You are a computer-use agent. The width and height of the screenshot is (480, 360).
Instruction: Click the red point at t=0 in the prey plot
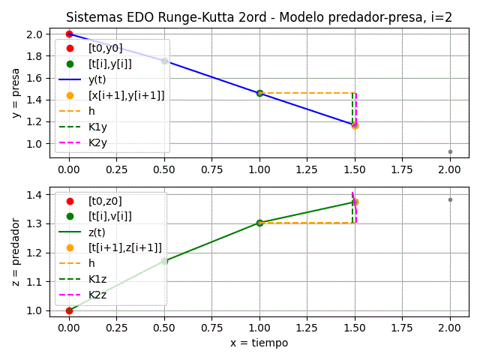[x=69, y=34]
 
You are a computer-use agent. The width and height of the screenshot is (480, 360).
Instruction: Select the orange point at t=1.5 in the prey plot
[x=355, y=125]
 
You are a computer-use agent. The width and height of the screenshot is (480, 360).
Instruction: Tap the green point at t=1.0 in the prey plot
[x=259, y=93]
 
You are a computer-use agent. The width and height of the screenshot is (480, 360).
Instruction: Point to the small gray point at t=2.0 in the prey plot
[x=450, y=151]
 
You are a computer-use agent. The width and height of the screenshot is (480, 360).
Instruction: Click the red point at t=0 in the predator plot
[x=69, y=310]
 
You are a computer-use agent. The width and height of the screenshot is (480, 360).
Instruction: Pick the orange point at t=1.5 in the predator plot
[x=355, y=202]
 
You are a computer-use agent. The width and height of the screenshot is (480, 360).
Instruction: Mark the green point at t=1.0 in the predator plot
[x=259, y=223]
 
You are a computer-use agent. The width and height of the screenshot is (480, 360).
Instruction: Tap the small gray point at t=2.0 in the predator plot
[x=450, y=199]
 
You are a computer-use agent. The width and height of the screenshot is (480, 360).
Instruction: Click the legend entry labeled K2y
[x=97, y=142]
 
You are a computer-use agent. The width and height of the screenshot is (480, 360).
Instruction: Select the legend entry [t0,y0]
[x=105, y=48]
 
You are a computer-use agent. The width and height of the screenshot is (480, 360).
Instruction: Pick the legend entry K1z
[x=97, y=279]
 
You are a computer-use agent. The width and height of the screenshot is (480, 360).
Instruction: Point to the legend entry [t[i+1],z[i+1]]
[x=124, y=247]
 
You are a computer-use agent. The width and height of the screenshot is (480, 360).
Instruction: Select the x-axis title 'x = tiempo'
[x=259, y=343]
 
